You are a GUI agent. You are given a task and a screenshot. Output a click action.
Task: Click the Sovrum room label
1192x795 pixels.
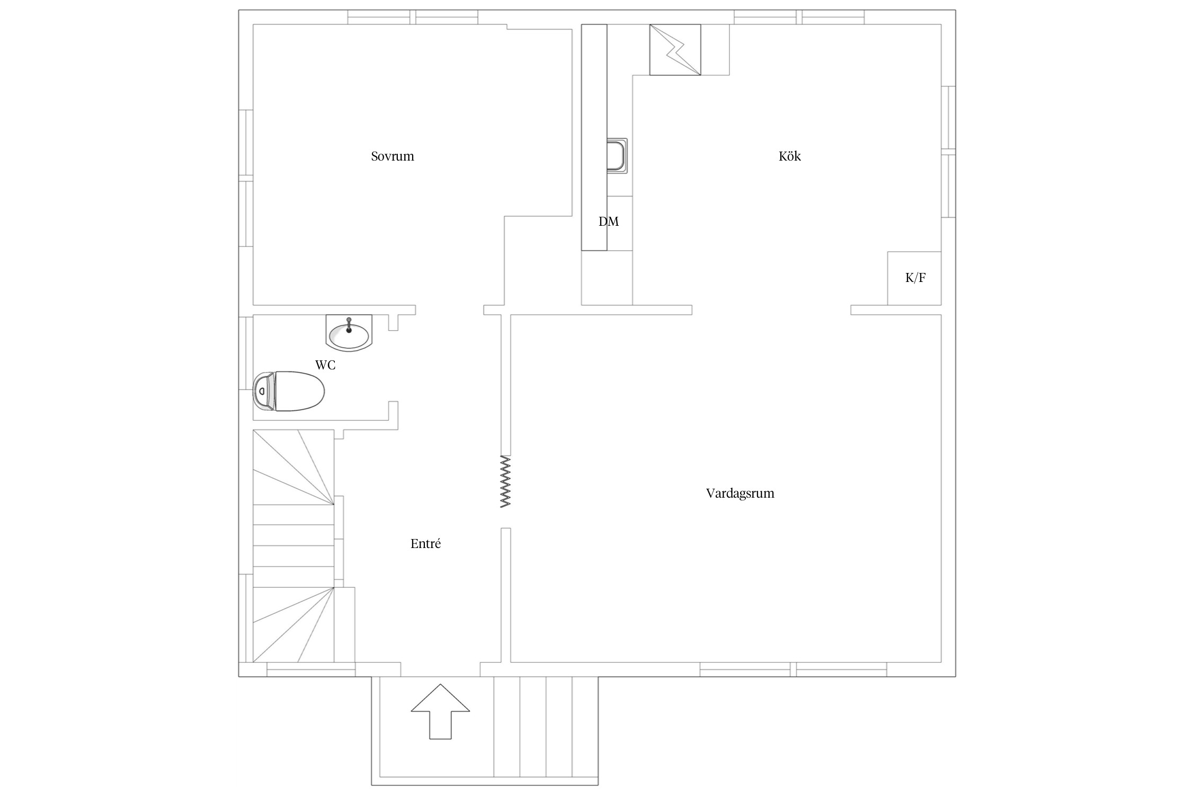(392, 156)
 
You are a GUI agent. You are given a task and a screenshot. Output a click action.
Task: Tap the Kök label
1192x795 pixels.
(789, 156)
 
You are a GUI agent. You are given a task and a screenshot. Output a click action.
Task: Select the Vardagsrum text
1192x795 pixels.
(740, 493)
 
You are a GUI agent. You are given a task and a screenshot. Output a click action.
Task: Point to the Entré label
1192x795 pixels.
(425, 544)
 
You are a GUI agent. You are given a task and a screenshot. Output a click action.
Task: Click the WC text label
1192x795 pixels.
(325, 365)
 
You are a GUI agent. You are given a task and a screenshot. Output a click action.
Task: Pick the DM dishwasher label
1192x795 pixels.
(609, 222)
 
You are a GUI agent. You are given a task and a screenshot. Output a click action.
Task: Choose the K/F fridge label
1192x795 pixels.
(915, 278)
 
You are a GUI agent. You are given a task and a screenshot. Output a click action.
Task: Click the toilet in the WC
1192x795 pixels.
(289, 391)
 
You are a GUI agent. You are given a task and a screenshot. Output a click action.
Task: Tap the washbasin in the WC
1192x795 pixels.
(349, 333)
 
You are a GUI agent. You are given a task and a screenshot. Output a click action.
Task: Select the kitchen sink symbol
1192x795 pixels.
(617, 155)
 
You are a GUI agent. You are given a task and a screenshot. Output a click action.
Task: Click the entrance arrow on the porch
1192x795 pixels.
(440, 711)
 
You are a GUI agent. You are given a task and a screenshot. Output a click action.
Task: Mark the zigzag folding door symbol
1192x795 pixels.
(506, 482)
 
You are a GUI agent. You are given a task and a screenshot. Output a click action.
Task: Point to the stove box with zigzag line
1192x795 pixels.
(675, 50)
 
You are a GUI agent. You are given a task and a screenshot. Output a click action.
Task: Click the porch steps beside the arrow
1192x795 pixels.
(546, 734)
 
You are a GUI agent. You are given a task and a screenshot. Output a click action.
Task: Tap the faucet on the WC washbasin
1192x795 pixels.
(349, 324)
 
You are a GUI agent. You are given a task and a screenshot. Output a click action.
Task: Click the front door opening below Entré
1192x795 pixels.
(440, 669)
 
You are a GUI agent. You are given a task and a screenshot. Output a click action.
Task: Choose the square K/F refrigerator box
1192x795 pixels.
(914, 278)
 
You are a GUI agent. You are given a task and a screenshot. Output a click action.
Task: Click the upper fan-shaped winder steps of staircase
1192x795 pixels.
(293, 467)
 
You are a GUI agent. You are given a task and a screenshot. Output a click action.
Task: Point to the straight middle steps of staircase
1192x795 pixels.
(293, 546)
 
